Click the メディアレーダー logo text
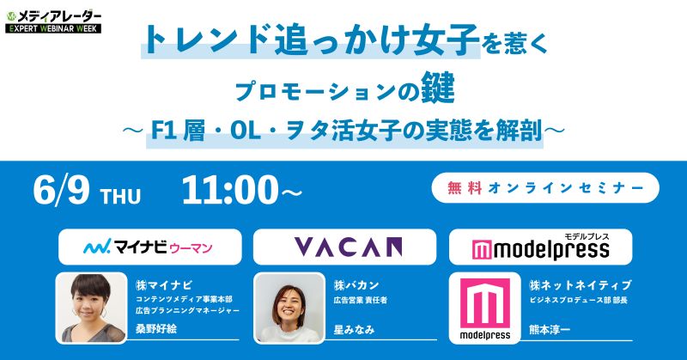pos(58,16)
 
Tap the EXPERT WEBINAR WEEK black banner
pos(53,29)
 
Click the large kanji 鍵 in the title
pos(436,90)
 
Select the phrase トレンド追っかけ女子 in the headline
pos(311,40)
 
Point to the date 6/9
pos(61,190)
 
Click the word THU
pos(120,197)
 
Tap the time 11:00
pos(230,190)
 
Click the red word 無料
pos(465,188)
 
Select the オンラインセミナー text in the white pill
pos(566,188)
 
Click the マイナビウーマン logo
pos(149,247)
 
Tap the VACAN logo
pos(348,247)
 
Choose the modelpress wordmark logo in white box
pos(541,248)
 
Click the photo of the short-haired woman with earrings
pos(92,308)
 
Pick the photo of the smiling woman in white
pos(289,308)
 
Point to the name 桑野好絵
pos(156,329)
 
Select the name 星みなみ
pos(355,329)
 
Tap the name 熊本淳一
pos(550,329)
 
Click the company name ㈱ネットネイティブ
pos(581,285)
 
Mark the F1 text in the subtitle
pos(164,131)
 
